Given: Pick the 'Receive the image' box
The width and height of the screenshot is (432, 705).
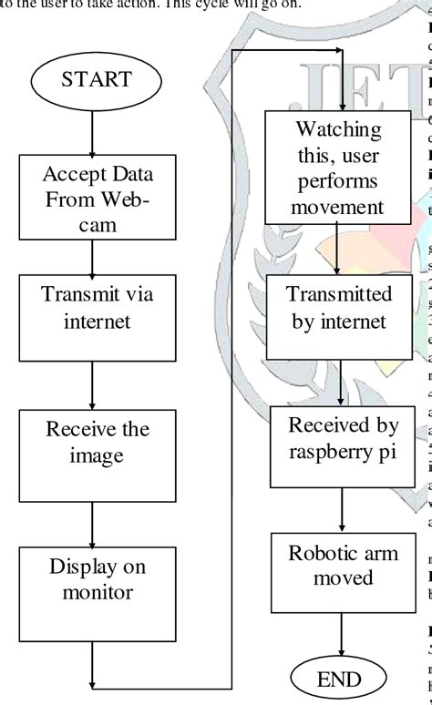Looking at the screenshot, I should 95,417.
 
